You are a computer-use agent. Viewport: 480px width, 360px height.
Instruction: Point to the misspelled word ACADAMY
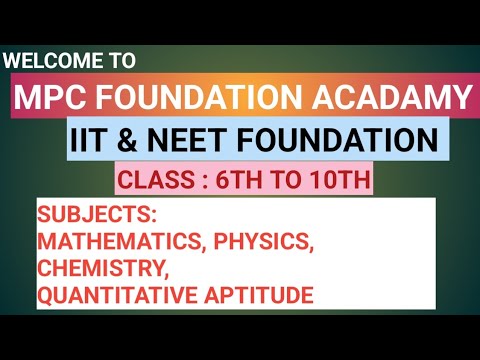pos(384,98)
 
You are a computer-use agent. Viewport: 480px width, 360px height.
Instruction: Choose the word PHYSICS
pos(264,243)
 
